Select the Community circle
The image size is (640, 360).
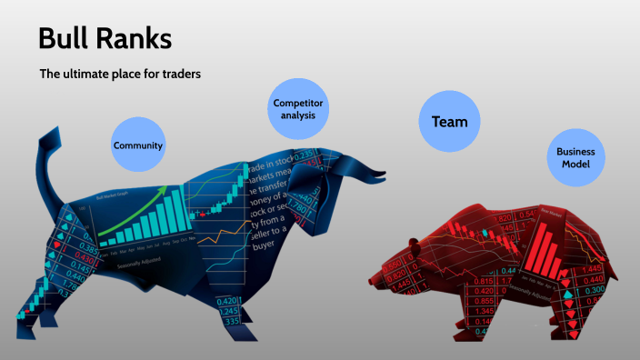click(138, 145)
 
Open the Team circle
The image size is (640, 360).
click(449, 120)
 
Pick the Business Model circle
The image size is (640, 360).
click(575, 158)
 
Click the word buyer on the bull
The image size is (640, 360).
click(266, 245)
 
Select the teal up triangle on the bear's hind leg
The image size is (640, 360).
click(569, 295)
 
